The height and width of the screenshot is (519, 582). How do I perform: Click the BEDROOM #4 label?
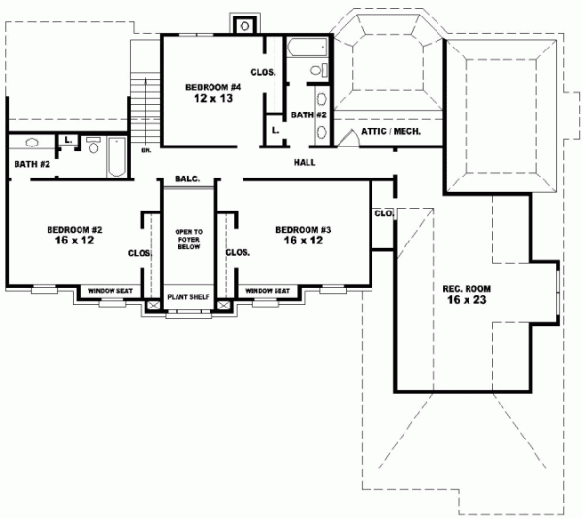(212, 87)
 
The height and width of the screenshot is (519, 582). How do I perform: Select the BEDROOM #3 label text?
(303, 230)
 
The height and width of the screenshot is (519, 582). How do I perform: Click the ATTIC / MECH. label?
(390, 131)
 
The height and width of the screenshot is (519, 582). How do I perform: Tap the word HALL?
(305, 162)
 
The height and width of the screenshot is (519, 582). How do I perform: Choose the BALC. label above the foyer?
(187, 178)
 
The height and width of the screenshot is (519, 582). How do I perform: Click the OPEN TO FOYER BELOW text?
(187, 240)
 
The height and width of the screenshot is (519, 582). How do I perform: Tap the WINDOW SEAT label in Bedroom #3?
(267, 291)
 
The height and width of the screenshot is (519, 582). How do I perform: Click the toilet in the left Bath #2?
(93, 146)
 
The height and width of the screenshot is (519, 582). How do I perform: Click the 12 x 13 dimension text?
(212, 99)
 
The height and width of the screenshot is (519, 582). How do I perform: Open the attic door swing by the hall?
(347, 140)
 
